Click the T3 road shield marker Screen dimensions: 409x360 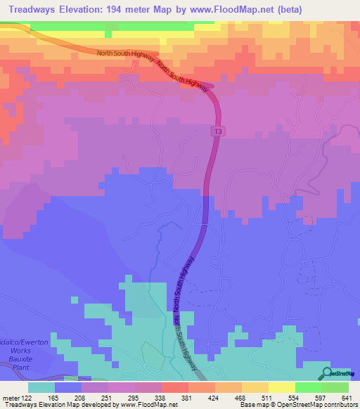click(x=218, y=131)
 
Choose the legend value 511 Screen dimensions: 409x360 click(x=256, y=398)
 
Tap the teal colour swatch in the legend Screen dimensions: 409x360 click(x=41, y=387)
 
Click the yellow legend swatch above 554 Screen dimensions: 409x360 click(x=281, y=387)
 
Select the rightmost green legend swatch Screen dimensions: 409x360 click(x=335, y=387)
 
